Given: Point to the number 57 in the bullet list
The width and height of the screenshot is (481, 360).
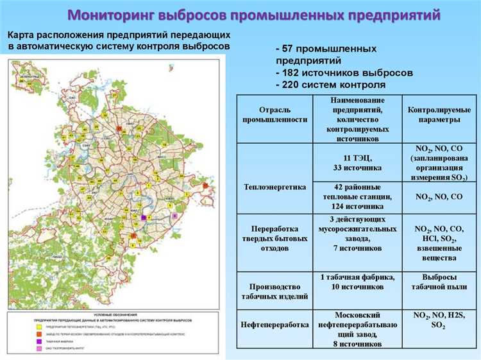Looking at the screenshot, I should coord(288,49).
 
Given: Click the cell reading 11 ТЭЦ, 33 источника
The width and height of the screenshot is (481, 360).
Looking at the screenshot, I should coord(357,162).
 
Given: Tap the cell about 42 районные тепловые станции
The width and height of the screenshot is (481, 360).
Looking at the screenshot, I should coord(357,197).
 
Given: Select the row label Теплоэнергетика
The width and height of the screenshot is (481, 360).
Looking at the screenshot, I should coord(274,187).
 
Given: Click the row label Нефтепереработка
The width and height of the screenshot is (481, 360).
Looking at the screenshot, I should coord(274,325).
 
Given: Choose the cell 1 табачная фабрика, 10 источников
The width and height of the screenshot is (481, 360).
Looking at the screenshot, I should coord(357,282).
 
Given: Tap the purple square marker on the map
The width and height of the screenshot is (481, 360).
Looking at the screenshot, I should coord(143,218).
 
